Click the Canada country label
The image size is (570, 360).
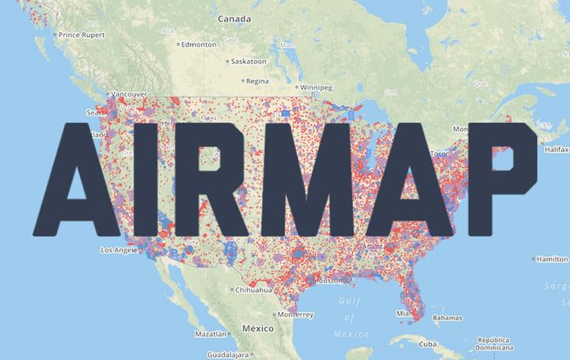point(234,18)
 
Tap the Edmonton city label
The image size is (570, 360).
point(198,44)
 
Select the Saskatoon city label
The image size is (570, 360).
point(247,61)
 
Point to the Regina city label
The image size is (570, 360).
point(257,80)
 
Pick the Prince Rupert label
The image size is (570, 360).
point(82,34)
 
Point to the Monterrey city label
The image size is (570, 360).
point(296,314)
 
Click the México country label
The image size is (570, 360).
point(257,328)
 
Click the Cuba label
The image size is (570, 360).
point(427,344)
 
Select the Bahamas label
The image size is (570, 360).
point(447,317)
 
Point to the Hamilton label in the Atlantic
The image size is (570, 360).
point(552,259)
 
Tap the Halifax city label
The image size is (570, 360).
point(557,149)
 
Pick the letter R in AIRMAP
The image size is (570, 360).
point(222,179)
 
